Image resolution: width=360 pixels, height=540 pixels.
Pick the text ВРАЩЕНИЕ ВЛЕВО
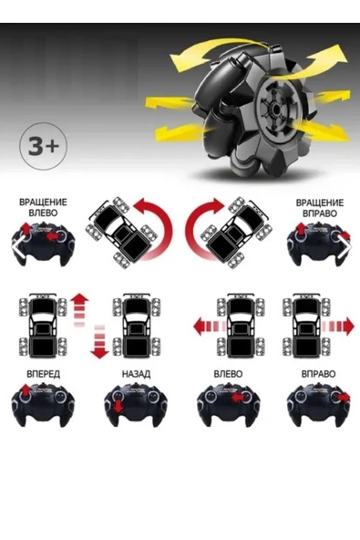[41, 208]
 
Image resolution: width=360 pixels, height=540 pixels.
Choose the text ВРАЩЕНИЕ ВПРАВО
[319, 208]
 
